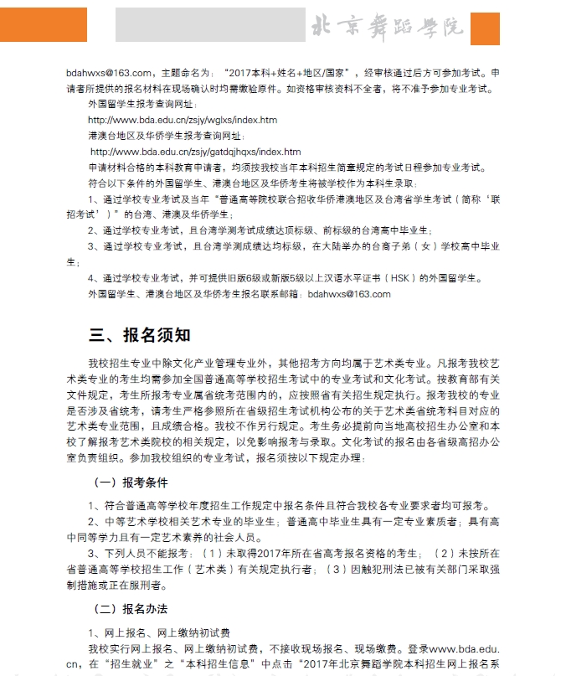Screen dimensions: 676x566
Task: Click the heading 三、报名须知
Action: pos(140,335)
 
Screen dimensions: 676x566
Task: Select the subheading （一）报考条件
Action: pos(130,482)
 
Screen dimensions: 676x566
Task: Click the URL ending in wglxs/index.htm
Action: pos(182,120)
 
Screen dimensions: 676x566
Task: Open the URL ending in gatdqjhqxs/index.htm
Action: pos(195,152)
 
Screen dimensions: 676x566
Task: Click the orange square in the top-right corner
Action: pos(486,28)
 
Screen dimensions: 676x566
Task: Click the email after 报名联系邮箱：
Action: pos(349,294)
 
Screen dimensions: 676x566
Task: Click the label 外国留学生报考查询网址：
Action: pos(142,104)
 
